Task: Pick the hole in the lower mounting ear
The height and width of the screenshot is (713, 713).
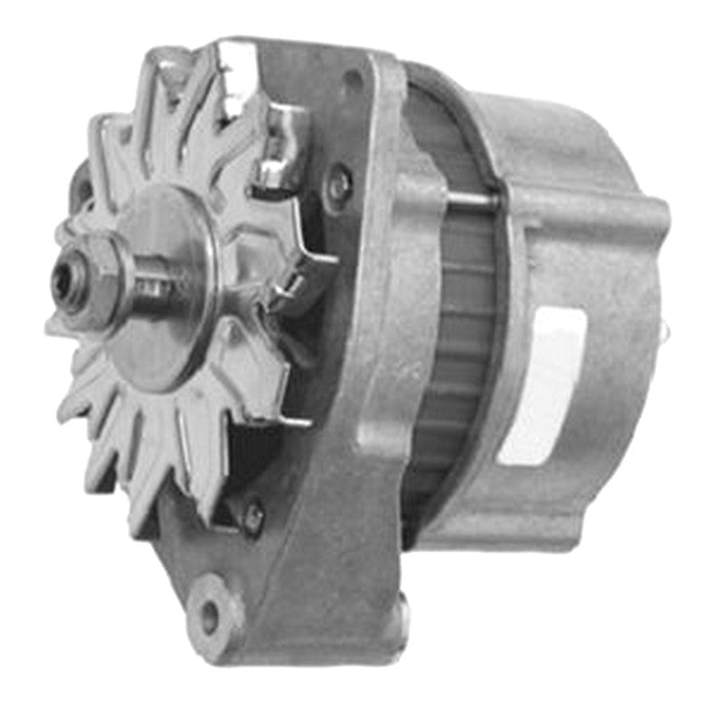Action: coord(208,614)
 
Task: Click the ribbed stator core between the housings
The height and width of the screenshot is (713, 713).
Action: coord(455,356)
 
